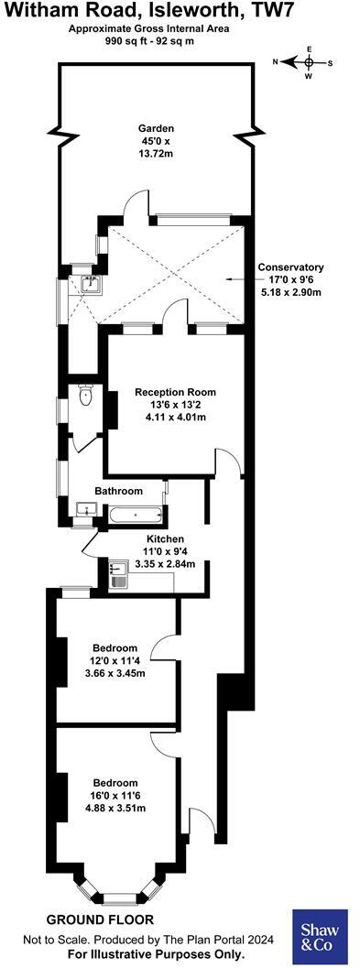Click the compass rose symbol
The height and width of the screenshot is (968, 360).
309,62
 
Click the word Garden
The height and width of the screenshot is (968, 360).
156,128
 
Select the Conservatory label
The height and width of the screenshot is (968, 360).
291,267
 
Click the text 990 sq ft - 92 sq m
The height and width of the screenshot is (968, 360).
149,41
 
